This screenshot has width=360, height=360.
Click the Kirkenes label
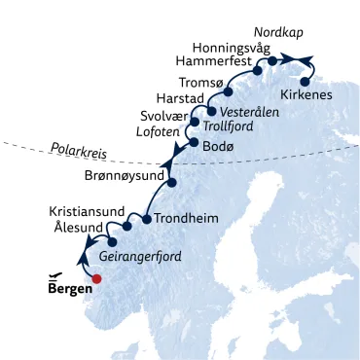point(305,94)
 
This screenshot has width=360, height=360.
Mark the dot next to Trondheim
point(146,219)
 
